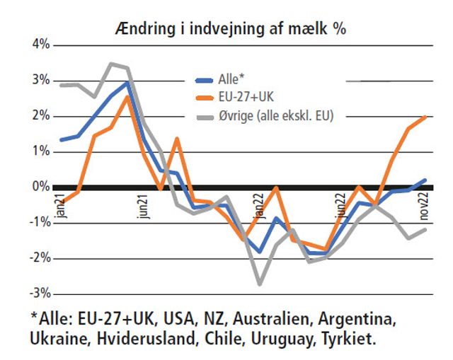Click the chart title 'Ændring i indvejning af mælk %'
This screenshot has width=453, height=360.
(x=230, y=28)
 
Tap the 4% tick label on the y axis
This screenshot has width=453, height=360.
(x=39, y=45)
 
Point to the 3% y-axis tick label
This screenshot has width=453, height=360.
(x=39, y=81)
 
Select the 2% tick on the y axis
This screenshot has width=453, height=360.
(x=39, y=116)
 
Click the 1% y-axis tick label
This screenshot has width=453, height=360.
(x=39, y=151)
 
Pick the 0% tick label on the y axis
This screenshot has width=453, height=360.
(x=39, y=187)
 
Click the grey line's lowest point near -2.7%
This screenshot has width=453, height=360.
(x=260, y=284)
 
